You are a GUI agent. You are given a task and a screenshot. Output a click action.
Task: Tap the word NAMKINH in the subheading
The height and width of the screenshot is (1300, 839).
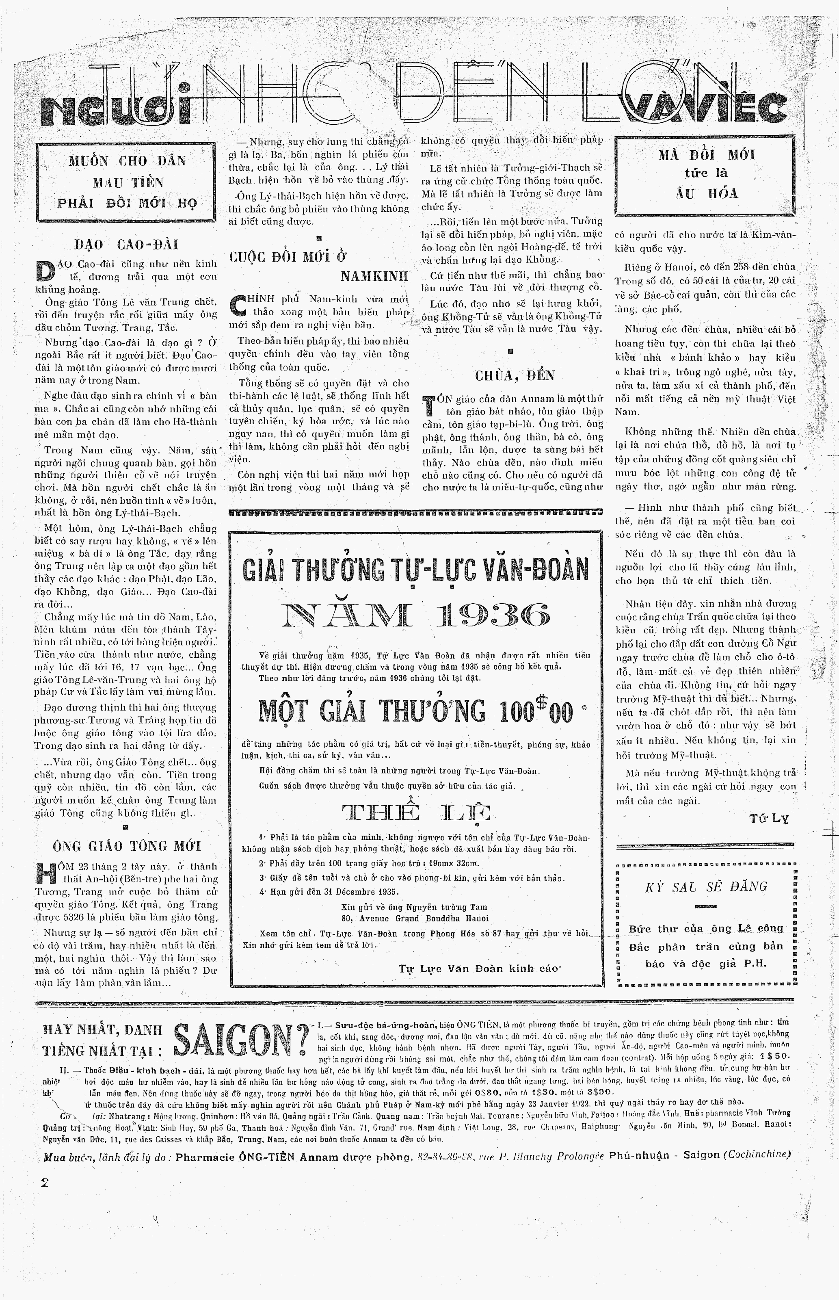coord(374,276)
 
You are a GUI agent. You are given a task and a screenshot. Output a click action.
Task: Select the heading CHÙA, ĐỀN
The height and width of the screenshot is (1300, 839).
coord(515,375)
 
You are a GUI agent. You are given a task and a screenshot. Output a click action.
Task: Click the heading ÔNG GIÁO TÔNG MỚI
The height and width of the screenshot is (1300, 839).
coord(126,846)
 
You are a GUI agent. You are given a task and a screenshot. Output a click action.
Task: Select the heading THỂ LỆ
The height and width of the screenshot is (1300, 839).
coord(417,814)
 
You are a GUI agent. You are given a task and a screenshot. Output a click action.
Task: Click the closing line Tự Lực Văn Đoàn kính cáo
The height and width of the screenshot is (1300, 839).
coord(478,968)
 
